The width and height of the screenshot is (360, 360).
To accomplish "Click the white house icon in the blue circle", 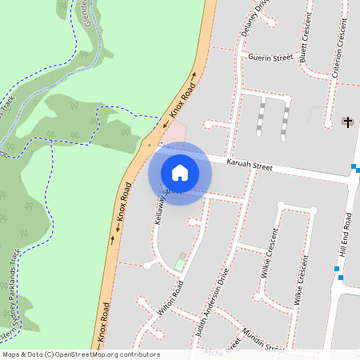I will pos(179,173).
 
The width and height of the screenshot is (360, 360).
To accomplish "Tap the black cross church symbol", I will pos(347,122).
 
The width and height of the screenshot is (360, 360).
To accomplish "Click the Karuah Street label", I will pos(249,166).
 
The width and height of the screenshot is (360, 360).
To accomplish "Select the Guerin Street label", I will pos(270,58).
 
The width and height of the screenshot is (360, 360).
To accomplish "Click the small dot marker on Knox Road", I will pos(148,145).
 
